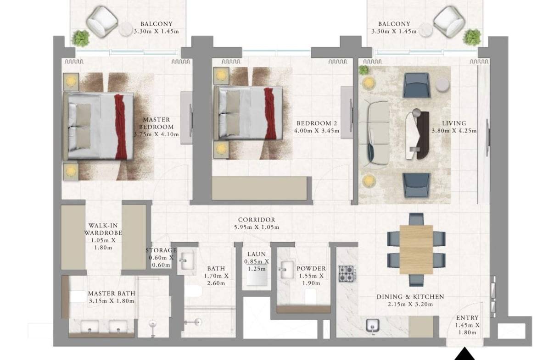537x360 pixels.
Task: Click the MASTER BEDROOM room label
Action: [156, 123]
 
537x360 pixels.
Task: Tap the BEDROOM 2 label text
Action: [317, 123]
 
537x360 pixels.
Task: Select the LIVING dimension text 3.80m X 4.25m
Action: [454, 131]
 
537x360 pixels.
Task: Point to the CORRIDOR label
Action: [257, 220]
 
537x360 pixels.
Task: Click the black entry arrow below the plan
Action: [464, 354]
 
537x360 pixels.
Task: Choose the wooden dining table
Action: [416, 249]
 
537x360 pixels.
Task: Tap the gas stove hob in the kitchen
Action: [346, 273]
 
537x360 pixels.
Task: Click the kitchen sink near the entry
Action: [372, 325]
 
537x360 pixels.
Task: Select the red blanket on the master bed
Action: [122, 127]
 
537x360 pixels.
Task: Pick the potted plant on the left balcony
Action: [81, 38]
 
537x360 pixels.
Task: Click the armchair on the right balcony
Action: [449, 21]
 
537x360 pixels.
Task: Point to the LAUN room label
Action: [257, 254]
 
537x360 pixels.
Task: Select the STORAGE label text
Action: [161, 250]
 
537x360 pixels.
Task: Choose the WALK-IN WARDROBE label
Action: [103, 229]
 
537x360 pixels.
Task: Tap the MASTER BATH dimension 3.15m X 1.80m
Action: [112, 301]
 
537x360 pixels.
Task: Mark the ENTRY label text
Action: [467, 318]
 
